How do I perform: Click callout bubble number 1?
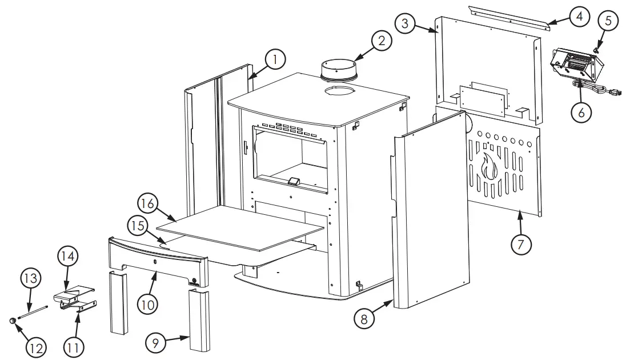point(275,59)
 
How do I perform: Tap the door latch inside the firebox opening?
point(293,182)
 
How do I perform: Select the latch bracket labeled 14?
point(73,294)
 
